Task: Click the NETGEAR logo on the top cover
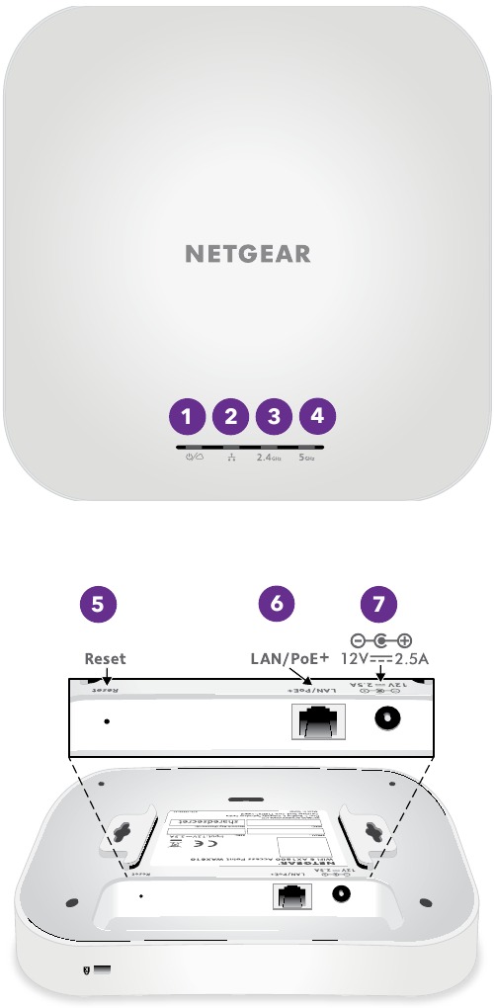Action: [x=247, y=254]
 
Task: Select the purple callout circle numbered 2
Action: [x=230, y=416]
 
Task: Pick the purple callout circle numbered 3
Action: [x=274, y=416]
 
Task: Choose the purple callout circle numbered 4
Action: [x=316, y=416]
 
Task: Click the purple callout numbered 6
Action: [x=278, y=605]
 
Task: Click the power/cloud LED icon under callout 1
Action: [x=188, y=458]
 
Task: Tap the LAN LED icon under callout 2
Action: [x=231, y=458]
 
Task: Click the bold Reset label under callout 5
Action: [x=105, y=658]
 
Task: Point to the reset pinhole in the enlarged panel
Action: [x=107, y=720]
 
